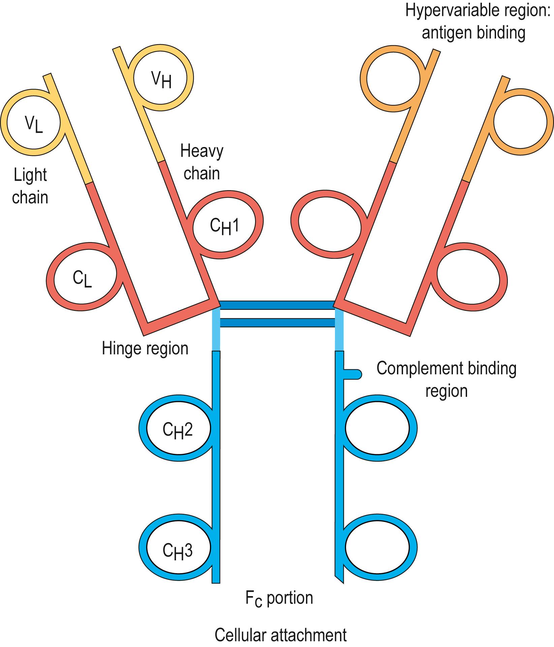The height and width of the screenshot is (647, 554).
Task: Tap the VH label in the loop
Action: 161,80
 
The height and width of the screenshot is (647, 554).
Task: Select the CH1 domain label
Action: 224,226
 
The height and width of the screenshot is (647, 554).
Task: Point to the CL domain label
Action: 82,280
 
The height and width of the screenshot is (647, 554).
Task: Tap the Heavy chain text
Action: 202,162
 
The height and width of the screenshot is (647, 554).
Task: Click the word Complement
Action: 415,368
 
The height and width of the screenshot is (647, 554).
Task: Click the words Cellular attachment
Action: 280,635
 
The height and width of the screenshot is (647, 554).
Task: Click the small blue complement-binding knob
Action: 354,374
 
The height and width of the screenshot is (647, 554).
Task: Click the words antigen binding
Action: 473,33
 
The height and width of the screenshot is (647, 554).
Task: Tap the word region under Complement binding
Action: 446,391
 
